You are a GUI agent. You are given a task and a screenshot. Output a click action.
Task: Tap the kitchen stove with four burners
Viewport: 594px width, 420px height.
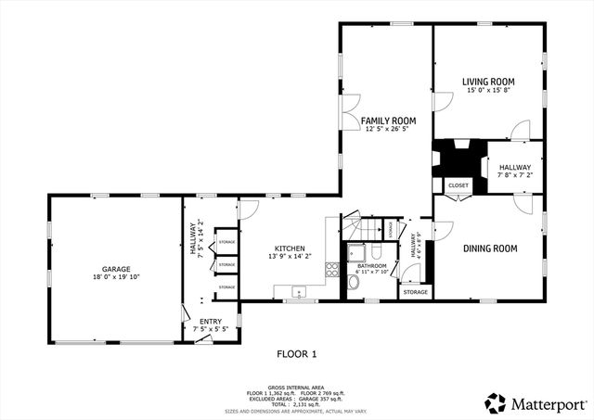click(x=331, y=270)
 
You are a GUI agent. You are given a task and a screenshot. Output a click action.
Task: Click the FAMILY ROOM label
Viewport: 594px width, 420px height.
click(x=388, y=121)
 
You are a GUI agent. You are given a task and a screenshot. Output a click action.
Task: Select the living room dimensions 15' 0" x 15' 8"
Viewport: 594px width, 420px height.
click(x=488, y=91)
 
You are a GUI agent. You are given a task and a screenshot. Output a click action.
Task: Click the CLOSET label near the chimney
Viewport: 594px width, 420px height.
click(x=458, y=185)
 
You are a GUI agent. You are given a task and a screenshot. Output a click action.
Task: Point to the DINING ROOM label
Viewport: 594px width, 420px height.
click(x=490, y=248)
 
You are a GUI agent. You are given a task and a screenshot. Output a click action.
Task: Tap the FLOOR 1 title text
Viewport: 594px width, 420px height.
click(x=297, y=353)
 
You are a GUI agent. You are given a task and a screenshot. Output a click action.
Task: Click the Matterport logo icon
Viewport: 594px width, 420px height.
click(x=496, y=403)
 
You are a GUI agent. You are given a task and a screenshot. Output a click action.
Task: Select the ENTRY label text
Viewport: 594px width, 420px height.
click(x=210, y=321)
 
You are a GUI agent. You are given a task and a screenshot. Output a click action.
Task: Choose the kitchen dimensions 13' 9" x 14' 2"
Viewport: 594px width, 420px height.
click(x=290, y=257)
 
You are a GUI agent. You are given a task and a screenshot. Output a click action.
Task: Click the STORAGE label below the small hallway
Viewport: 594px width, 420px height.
click(x=415, y=292)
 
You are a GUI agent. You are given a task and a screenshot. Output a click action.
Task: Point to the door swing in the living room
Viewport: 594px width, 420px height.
click(x=520, y=130)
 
